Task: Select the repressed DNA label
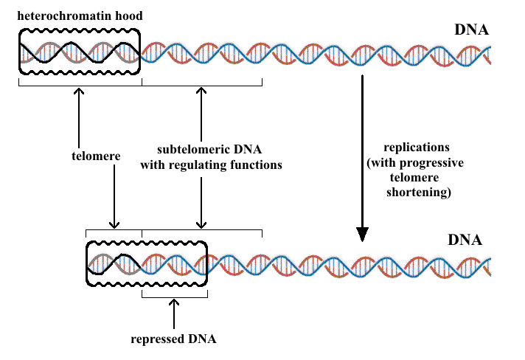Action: pyautogui.click(x=173, y=340)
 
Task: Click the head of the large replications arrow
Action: pyautogui.click(x=362, y=234)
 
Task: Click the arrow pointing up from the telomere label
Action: pyautogui.click(x=78, y=111)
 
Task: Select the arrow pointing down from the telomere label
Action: pyautogui.click(x=114, y=199)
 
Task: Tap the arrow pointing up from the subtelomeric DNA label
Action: pyautogui.click(x=201, y=111)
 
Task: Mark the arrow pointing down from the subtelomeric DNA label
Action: pyautogui.click(x=201, y=199)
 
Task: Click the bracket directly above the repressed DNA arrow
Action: pyautogui.click(x=174, y=297)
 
